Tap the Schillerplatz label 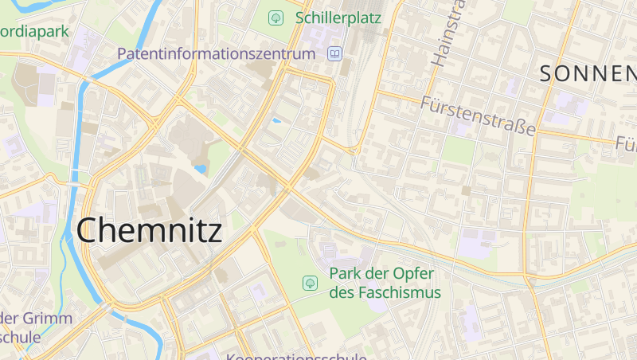click(338, 17)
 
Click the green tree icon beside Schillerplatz click(276, 17)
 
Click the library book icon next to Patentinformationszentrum click(334, 54)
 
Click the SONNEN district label click(588, 74)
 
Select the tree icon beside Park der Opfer click(309, 282)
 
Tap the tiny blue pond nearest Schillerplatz click(277, 120)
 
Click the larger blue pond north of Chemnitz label click(201, 169)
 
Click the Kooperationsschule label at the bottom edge click(295, 356)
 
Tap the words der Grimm click(36, 318)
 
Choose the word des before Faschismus click(342, 292)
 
